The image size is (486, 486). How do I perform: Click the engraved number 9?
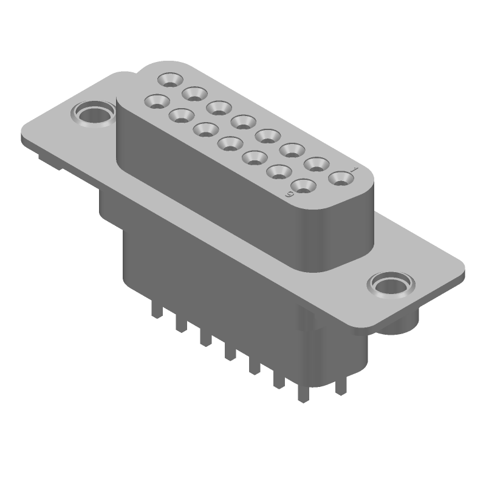[290, 194]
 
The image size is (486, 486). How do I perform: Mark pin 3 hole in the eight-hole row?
[292, 149]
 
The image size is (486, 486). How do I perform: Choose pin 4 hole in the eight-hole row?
[267, 135]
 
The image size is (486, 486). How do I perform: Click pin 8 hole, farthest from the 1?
[169, 79]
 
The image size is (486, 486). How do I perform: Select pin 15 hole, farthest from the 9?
[157, 100]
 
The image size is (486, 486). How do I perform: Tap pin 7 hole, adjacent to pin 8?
[194, 93]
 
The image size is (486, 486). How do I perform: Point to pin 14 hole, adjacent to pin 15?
[181, 114]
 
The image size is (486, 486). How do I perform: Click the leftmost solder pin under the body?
[157, 313]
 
